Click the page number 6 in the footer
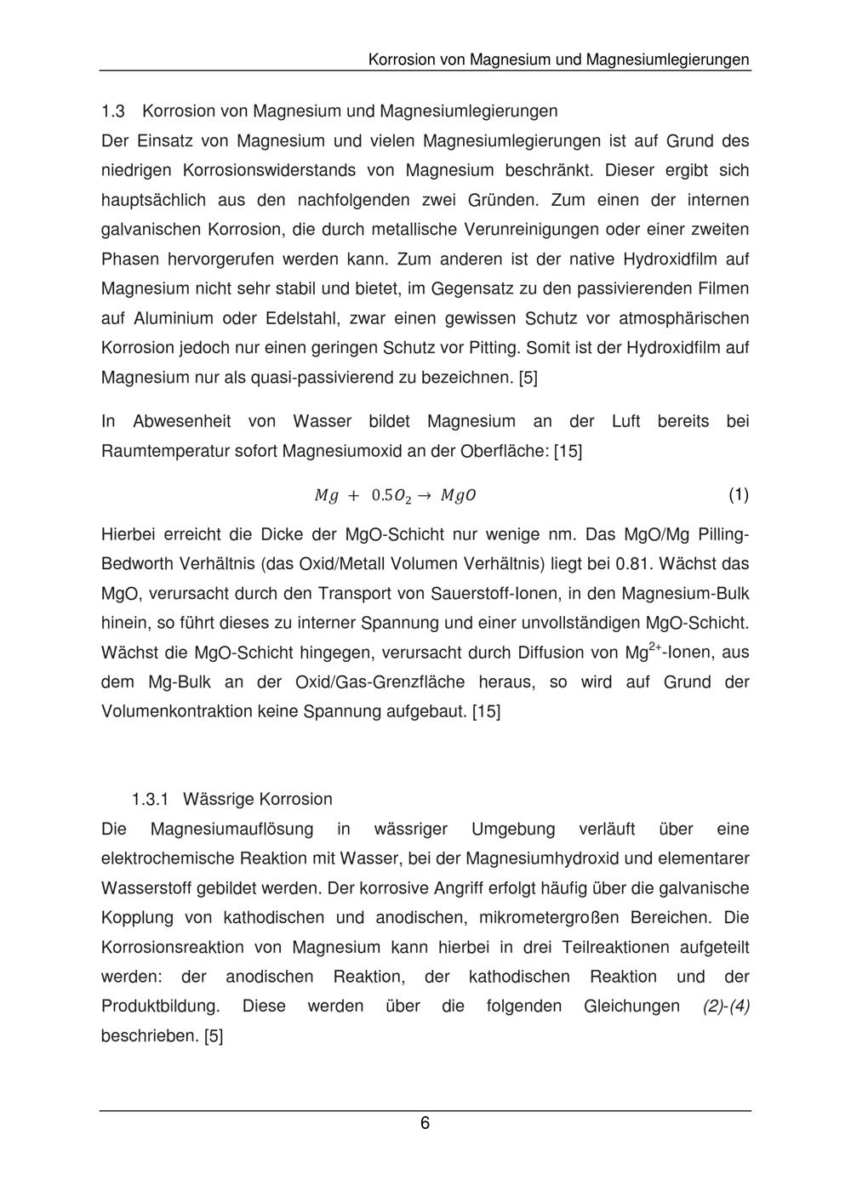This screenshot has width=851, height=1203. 425,1124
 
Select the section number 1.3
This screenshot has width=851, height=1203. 113,111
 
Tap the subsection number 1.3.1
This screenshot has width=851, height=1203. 151,800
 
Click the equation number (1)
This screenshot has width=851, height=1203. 738,495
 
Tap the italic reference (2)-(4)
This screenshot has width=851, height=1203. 726,1006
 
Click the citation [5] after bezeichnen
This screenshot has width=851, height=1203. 528,378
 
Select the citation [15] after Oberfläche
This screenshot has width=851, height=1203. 568,451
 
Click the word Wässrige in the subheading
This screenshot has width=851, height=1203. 217,800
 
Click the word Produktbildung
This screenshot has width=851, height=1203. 160,1006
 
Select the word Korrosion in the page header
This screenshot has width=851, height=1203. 402,60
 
